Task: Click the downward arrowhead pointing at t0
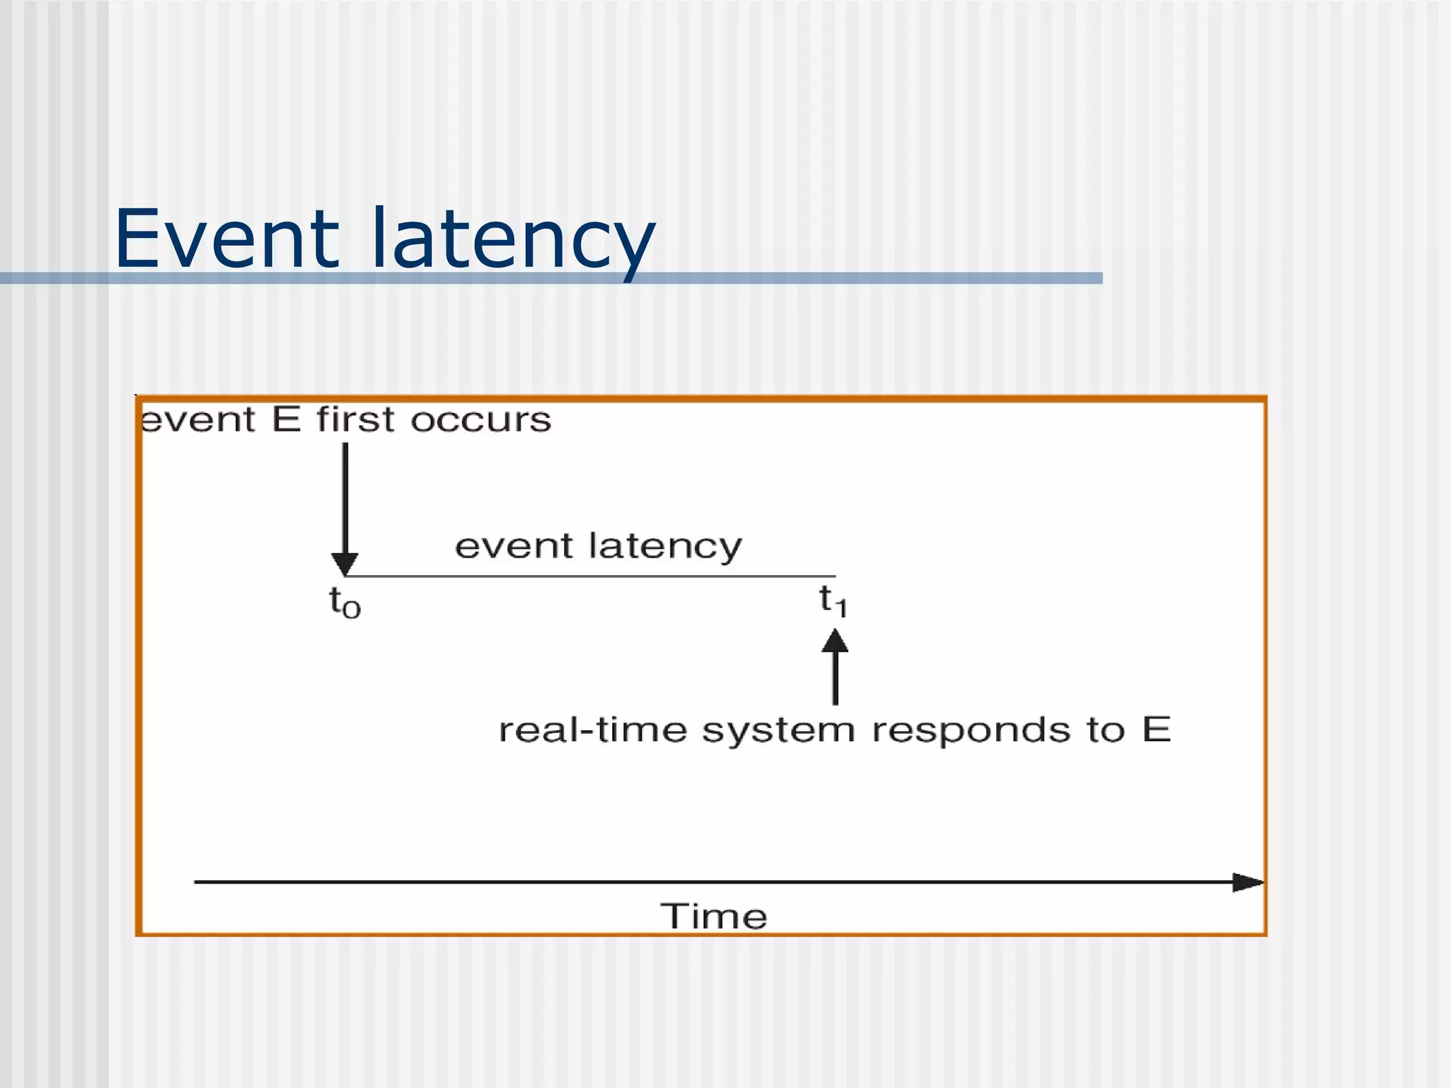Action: pyautogui.click(x=345, y=564)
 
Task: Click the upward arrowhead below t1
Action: pyautogui.click(x=835, y=642)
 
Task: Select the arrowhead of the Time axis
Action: pyautogui.click(x=1247, y=882)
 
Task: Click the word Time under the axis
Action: pyautogui.click(x=713, y=917)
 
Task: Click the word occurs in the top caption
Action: pyautogui.click(x=480, y=420)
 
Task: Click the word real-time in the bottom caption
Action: pyautogui.click(x=592, y=730)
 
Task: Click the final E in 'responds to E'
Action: pyautogui.click(x=1156, y=729)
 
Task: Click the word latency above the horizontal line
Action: pyautogui.click(x=665, y=547)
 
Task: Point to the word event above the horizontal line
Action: pyautogui.click(x=514, y=547)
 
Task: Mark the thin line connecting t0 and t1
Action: pyautogui.click(x=588, y=576)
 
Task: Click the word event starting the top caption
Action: pyautogui.click(x=198, y=420)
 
